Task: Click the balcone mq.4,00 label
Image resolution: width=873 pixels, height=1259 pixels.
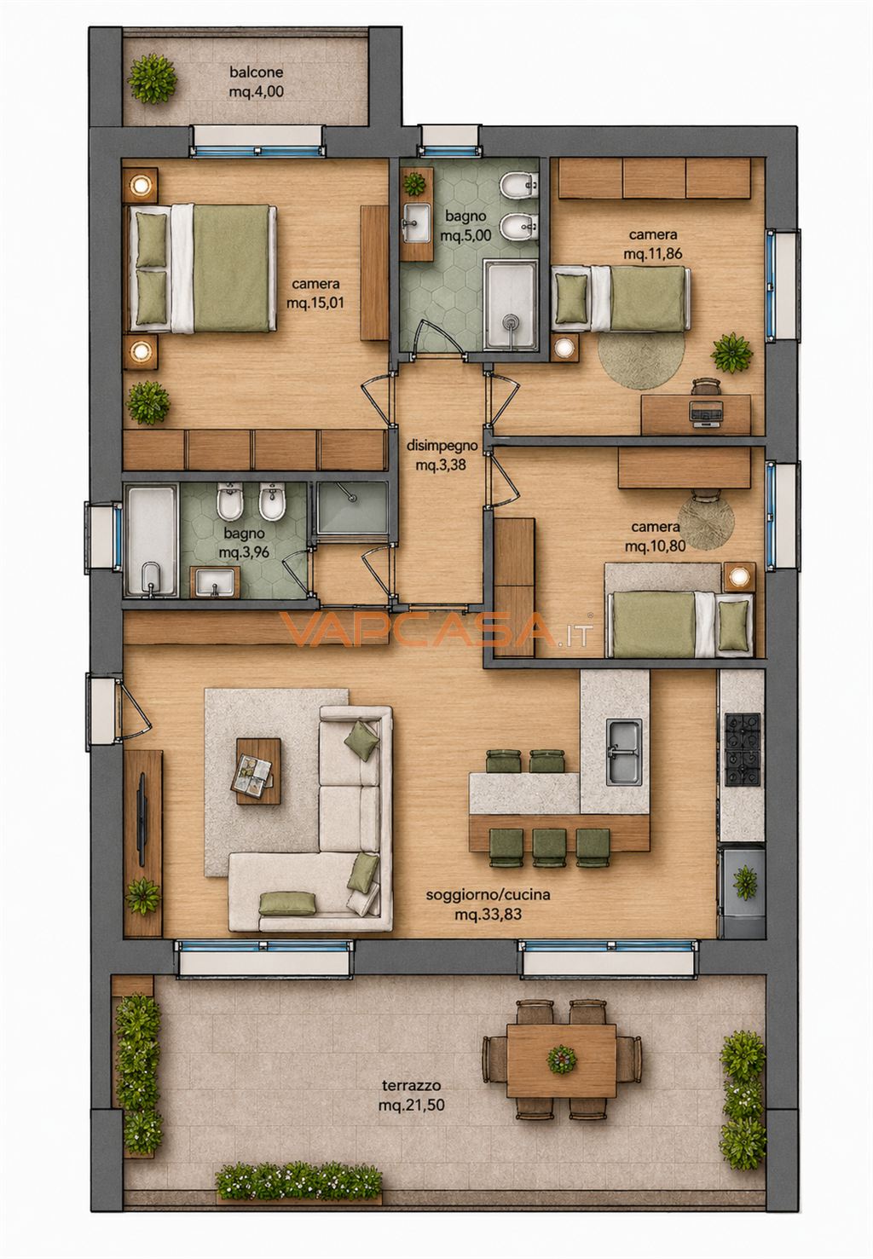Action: (256, 82)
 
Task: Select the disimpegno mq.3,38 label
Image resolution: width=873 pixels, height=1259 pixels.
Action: (442, 455)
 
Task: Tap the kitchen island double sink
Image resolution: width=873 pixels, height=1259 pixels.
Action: (623, 752)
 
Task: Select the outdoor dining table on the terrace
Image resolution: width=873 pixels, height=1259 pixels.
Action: (562, 1060)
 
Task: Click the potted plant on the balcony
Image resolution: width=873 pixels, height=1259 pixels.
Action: (152, 78)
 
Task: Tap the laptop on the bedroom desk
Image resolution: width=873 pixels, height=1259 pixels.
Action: (706, 414)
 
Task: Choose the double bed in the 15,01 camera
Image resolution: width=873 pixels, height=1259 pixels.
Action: (203, 269)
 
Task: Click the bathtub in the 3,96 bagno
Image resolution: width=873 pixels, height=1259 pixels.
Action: (151, 540)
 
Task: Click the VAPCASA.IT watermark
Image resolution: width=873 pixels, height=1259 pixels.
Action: (436, 629)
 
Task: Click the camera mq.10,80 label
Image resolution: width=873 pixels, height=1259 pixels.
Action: (655, 536)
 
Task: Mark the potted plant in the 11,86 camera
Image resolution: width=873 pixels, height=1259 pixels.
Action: (731, 352)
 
